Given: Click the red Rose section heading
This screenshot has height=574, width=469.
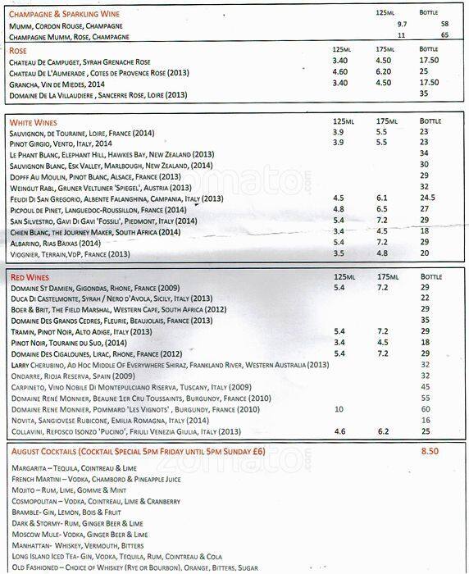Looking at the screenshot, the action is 19,51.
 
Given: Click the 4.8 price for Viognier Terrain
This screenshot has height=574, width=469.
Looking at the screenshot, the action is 382,253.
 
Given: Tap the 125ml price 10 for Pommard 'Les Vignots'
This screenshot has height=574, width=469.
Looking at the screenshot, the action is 339,408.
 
